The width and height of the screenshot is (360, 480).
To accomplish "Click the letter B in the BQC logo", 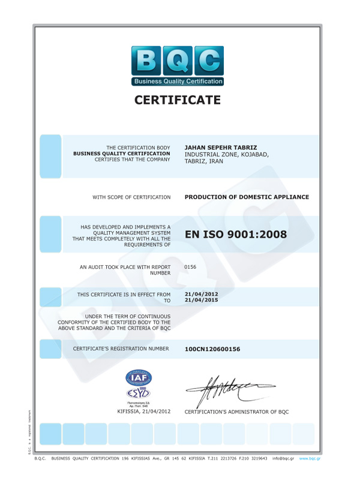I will pyautogui.click(x=146, y=61).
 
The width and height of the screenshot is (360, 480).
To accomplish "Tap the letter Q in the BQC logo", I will pyautogui.click(x=178, y=61).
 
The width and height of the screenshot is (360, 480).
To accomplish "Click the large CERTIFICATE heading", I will pyautogui.click(x=178, y=100).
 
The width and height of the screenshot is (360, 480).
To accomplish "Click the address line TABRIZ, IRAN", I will pyautogui.click(x=204, y=161).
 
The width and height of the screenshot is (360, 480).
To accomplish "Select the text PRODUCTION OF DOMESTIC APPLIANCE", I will pyautogui.click(x=247, y=197).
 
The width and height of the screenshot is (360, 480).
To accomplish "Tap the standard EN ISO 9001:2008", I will pyautogui.click(x=236, y=235).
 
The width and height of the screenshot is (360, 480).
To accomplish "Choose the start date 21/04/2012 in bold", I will pyautogui.click(x=201, y=294).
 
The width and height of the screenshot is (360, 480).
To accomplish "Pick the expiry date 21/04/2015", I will pyautogui.click(x=201, y=301).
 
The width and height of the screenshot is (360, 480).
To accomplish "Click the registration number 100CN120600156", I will pyautogui.click(x=212, y=349).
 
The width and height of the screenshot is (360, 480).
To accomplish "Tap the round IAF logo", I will pyautogui.click(x=139, y=377).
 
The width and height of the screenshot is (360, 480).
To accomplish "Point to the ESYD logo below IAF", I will pyautogui.click(x=139, y=394).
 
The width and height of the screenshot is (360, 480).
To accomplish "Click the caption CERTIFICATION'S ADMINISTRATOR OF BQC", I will pyautogui.click(x=236, y=412).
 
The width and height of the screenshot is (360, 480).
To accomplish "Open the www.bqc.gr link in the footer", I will pyautogui.click(x=310, y=458).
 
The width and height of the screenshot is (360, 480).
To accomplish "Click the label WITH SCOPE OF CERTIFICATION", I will pyautogui.click(x=131, y=197).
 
